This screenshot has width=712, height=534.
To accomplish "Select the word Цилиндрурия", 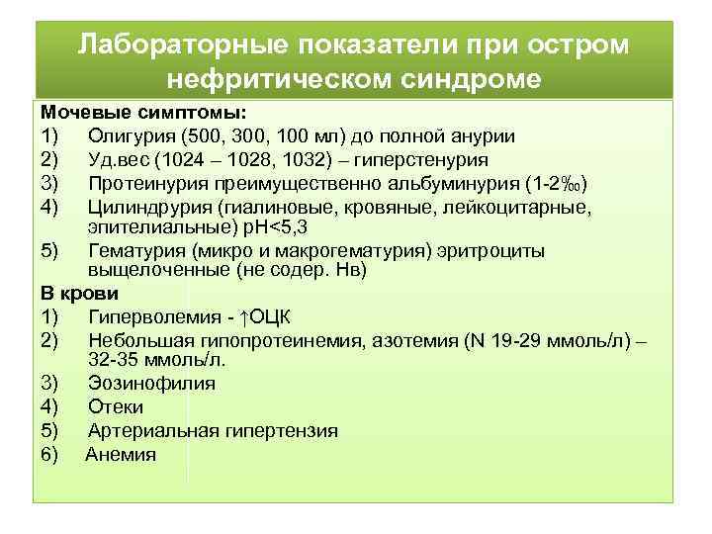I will [x=146, y=207].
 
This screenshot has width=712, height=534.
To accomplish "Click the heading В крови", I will [x=79, y=294].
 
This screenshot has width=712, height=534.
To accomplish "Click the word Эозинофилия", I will [x=151, y=384].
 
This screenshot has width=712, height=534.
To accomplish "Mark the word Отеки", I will [x=116, y=407].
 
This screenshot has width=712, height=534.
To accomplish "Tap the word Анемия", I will [x=121, y=455].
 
